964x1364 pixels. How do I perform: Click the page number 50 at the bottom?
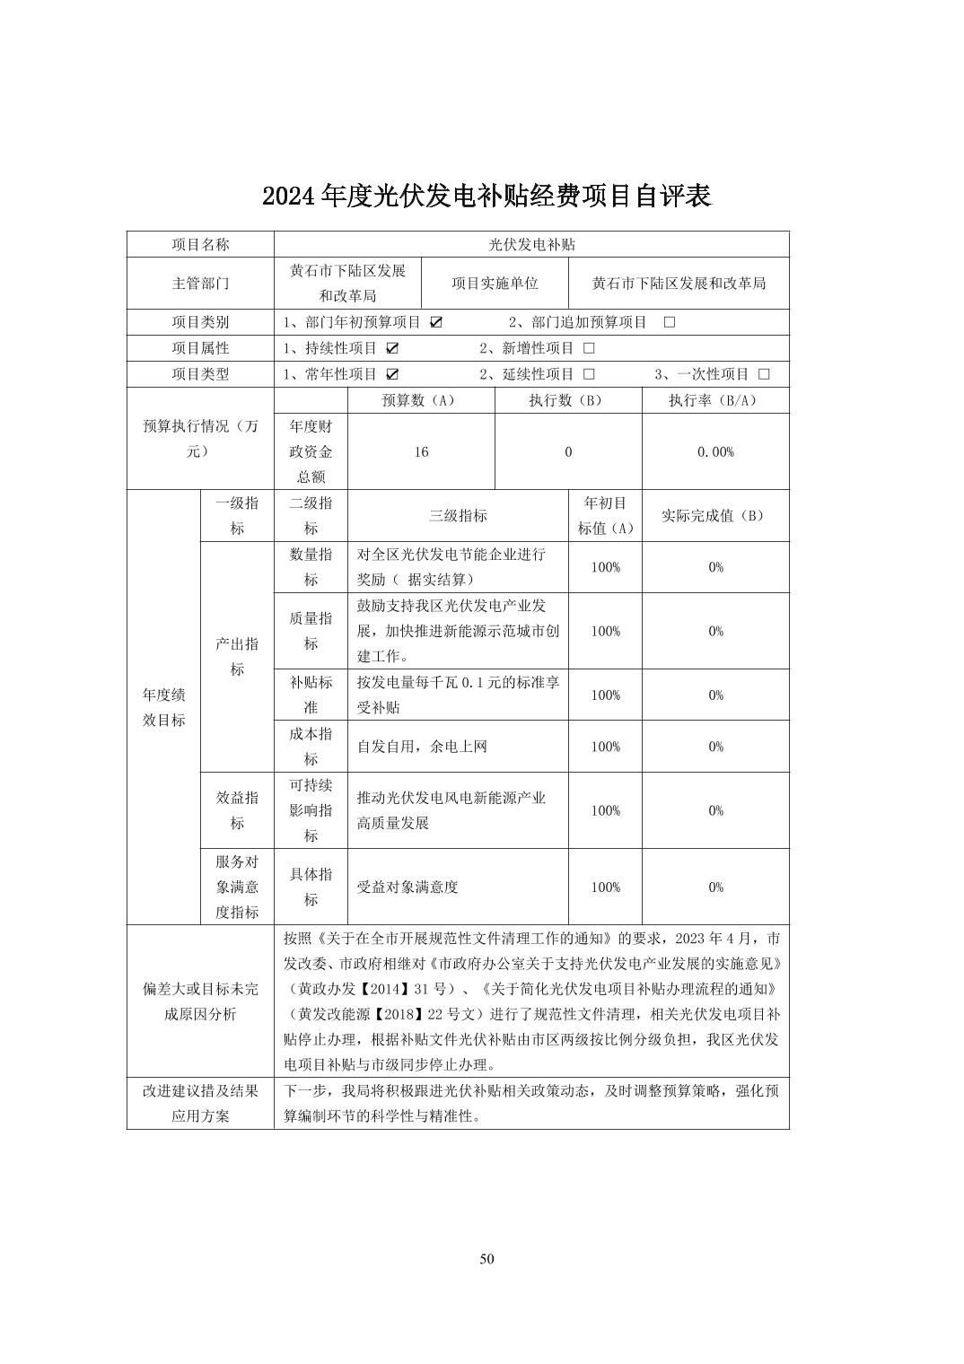click(486, 1258)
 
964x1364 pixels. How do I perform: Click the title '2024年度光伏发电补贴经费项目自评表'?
click(486, 196)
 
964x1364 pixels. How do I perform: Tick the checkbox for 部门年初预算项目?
click(436, 322)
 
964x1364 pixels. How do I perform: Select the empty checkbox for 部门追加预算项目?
click(669, 322)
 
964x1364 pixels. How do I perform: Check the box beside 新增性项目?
click(589, 348)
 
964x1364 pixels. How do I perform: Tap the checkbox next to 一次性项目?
click(764, 374)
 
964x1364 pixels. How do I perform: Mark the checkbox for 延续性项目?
click(589, 374)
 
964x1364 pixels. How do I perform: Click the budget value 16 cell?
click(421, 452)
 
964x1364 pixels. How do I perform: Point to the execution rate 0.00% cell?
click(715, 452)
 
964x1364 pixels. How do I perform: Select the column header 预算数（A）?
click(421, 400)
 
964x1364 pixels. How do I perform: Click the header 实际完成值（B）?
click(715, 516)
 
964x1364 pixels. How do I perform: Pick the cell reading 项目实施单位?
click(495, 284)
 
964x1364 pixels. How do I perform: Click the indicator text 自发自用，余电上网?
click(422, 747)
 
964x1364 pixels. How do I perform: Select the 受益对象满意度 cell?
click(408, 887)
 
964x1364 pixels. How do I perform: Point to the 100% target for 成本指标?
click(605, 747)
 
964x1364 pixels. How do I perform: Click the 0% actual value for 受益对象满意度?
click(715, 887)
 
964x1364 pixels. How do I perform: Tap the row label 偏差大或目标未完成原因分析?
click(200, 1001)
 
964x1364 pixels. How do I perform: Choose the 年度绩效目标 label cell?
click(163, 707)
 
